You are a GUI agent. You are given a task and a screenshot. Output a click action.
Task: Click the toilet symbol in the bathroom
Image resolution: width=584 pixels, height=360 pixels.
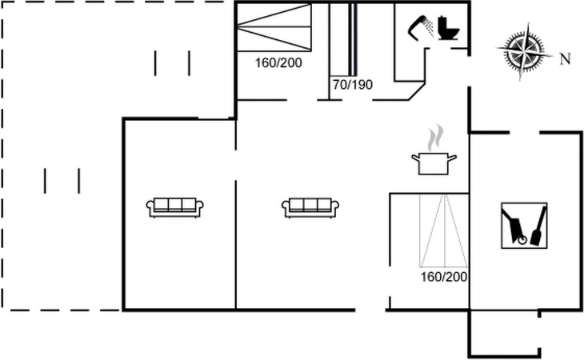coord(449,28)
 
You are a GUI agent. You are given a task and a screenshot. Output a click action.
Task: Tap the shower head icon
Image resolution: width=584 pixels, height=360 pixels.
coord(421,27)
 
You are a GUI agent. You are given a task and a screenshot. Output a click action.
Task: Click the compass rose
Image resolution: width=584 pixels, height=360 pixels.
coord(525,50)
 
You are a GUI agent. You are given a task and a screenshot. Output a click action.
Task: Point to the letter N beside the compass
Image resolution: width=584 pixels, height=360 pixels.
coord(566,59)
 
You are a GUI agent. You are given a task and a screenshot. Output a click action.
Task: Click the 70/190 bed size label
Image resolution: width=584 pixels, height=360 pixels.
coord(353,85)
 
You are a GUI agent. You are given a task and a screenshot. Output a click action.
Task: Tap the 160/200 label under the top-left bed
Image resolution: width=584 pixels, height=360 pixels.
coord(278,63)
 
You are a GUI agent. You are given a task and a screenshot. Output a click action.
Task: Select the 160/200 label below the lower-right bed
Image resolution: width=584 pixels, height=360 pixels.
coord(443,277)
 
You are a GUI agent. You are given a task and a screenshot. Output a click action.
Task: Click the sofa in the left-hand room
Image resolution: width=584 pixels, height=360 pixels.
coord(174,207)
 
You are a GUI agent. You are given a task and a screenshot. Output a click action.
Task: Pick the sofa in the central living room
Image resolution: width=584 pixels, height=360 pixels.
coord(310,207)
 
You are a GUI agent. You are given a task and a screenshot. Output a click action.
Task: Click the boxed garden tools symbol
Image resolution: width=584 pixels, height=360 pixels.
coord(524,226)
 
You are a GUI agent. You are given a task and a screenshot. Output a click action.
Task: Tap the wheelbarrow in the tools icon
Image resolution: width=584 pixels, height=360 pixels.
coord(514,226)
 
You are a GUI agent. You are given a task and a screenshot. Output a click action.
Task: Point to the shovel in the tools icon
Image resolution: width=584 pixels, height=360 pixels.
coord(538,226)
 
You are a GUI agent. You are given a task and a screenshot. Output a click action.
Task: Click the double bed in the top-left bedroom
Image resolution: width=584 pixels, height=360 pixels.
coord(274,27)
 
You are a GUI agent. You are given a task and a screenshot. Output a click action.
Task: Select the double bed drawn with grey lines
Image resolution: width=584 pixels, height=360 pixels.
coord(443,230)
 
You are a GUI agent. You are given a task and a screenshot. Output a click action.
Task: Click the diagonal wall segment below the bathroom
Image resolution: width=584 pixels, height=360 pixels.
coord(417,91)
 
